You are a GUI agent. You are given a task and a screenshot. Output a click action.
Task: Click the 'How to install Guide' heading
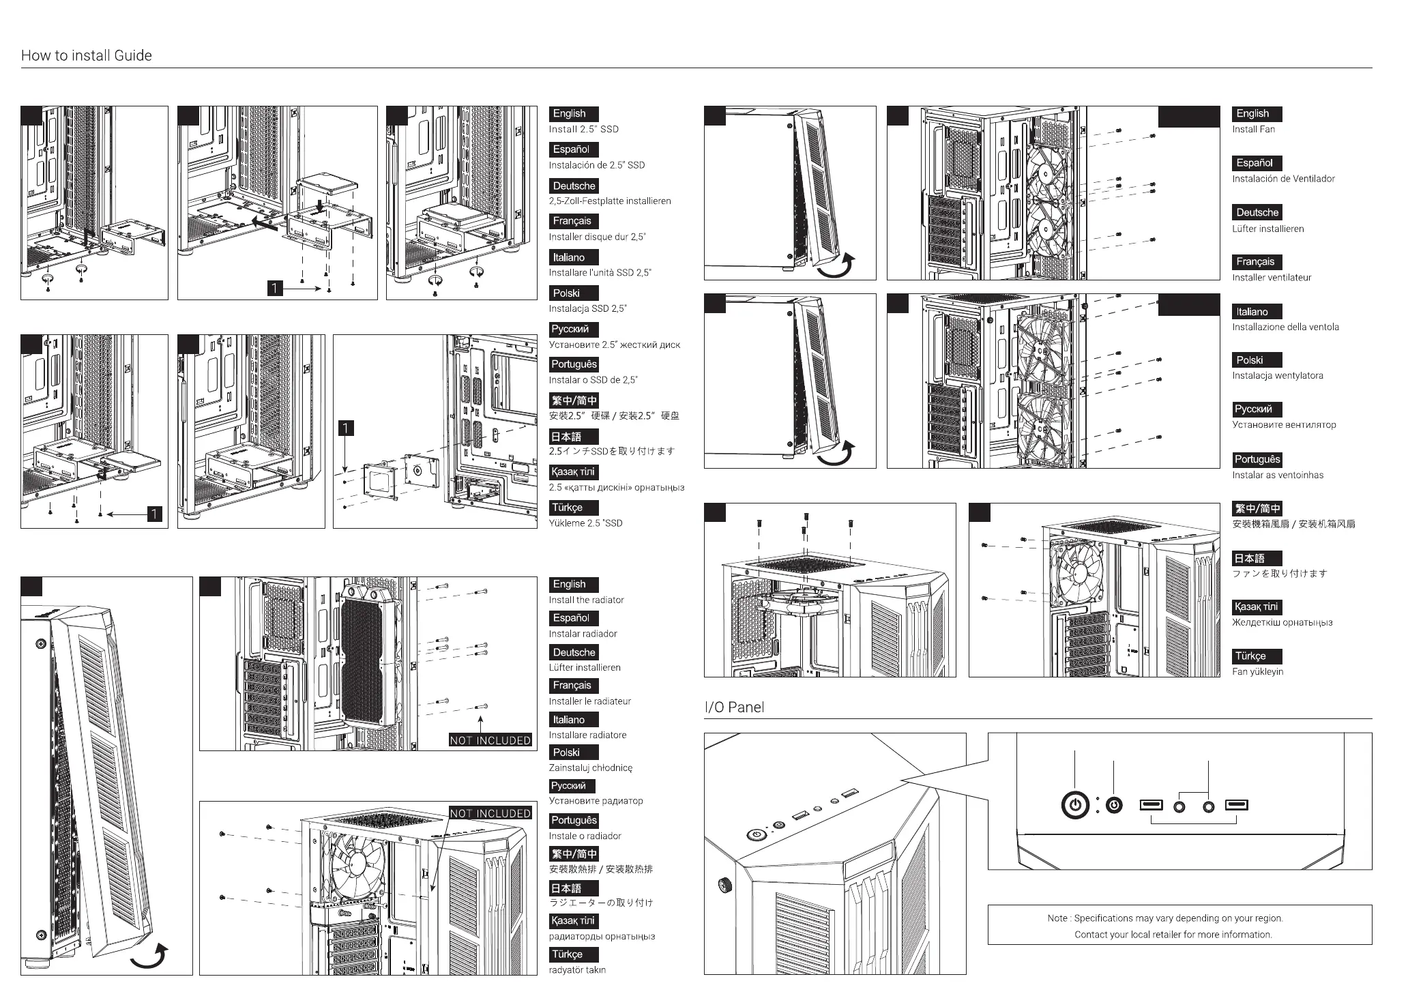[x=87, y=56]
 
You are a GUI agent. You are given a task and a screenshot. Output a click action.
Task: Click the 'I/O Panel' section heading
[x=734, y=707]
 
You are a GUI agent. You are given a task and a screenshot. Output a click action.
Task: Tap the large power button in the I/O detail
[x=1075, y=806]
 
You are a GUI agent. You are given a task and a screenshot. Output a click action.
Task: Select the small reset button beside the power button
[x=1114, y=806]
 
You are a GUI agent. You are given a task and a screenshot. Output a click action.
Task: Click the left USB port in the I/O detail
[x=1151, y=805]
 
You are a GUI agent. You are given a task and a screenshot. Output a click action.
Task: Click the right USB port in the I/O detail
[x=1236, y=805]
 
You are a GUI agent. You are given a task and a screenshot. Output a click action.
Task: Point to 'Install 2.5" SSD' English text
[x=583, y=130]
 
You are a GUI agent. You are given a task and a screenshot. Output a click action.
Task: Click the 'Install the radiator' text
[x=586, y=600]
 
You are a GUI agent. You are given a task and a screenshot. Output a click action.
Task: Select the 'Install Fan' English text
[x=1253, y=130]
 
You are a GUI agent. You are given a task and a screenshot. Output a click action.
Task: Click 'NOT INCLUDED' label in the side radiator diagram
[x=490, y=740]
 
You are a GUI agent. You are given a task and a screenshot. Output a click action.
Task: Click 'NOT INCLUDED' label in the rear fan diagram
[x=490, y=813]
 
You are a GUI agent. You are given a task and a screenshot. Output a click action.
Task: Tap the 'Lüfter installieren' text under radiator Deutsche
[x=585, y=668]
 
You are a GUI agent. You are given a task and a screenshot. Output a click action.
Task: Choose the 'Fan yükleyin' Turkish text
[x=1257, y=672]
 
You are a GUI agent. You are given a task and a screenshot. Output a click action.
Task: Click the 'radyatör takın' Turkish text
[x=577, y=970]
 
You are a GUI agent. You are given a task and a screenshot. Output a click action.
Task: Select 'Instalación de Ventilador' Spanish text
[x=1283, y=179]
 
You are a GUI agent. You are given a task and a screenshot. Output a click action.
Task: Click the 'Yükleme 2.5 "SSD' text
[x=585, y=523]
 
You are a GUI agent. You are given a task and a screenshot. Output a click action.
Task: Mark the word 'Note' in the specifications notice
[x=1057, y=918]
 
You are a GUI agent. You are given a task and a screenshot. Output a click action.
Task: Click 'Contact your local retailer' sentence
[x=1173, y=935]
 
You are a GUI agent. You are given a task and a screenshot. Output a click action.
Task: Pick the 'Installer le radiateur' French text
[x=589, y=701]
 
